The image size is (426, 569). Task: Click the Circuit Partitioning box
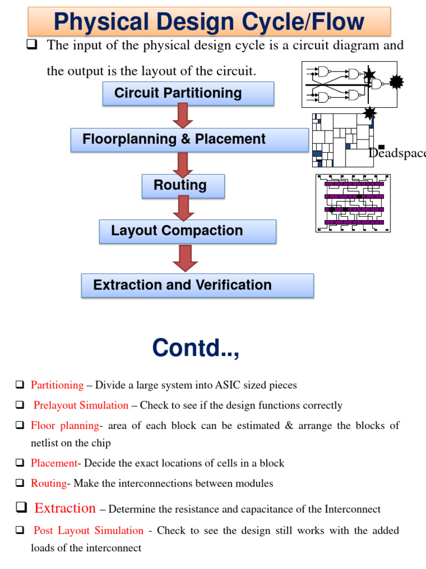click(188, 93)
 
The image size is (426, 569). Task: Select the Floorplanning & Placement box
click(189, 139)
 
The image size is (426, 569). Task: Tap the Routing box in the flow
click(183, 186)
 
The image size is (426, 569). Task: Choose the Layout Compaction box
click(187, 231)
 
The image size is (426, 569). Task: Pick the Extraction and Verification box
click(197, 285)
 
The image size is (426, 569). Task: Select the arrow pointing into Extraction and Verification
click(185, 258)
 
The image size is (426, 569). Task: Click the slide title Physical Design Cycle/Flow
click(209, 22)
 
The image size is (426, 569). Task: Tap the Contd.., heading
click(196, 348)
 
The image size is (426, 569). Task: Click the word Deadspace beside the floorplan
click(397, 153)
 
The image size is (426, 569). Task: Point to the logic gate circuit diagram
click(349, 84)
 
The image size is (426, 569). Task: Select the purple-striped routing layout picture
click(353, 203)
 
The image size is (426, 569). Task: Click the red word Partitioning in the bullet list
click(57, 385)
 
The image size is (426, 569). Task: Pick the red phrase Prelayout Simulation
click(81, 406)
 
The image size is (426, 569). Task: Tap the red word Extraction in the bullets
click(65, 508)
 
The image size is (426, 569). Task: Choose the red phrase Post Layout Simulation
click(89, 531)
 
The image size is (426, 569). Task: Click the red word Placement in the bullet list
click(54, 463)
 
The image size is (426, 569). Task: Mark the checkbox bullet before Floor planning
click(20, 426)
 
